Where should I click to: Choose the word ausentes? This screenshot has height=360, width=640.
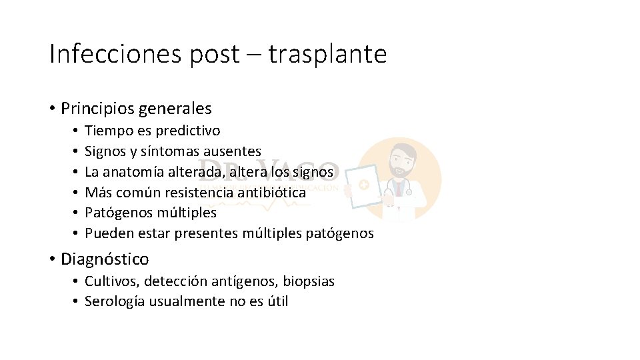(233, 151)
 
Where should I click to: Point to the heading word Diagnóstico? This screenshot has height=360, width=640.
(105, 259)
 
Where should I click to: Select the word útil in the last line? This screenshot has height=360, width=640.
(276, 301)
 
